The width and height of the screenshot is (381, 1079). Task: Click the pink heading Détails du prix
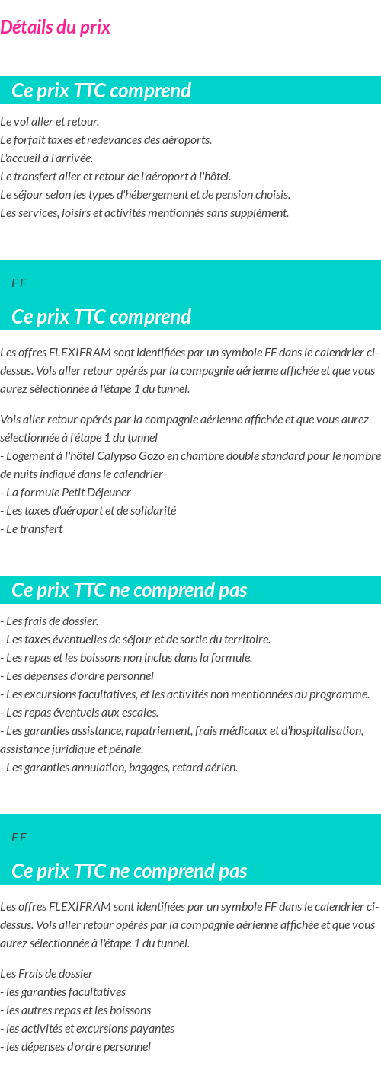click(56, 27)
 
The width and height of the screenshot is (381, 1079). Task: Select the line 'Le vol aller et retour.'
click(50, 122)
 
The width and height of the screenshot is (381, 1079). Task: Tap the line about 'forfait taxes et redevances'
click(106, 140)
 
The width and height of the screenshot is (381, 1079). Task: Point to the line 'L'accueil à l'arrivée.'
click(46, 158)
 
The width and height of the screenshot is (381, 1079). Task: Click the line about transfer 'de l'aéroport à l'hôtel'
click(115, 177)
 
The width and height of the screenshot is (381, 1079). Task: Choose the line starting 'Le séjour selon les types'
click(145, 195)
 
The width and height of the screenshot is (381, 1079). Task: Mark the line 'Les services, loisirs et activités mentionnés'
click(144, 213)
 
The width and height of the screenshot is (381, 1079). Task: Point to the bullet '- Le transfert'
click(32, 529)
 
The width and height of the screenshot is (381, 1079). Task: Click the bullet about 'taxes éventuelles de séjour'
click(136, 640)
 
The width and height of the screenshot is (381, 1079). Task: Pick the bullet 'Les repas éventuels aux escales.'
click(79, 713)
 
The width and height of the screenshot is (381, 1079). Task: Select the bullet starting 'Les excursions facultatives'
click(184, 694)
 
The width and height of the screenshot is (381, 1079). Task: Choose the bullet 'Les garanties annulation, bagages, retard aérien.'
click(119, 768)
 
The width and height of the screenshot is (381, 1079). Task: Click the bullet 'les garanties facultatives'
click(63, 992)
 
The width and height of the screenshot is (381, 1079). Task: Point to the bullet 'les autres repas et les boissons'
click(75, 1010)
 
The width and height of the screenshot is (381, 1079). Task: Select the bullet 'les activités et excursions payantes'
click(88, 1029)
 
